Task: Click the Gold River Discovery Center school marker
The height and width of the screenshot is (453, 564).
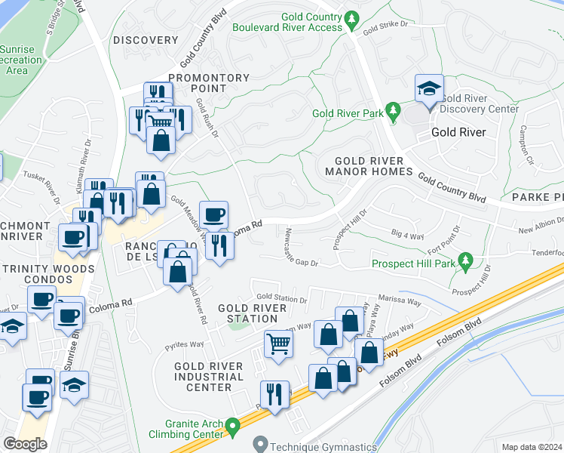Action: point(429,89)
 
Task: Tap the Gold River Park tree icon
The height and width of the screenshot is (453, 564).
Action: point(393,112)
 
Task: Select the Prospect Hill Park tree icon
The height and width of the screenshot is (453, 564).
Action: point(465,263)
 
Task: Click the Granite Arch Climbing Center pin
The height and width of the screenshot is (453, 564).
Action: point(234,427)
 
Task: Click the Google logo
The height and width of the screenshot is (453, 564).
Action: point(25,443)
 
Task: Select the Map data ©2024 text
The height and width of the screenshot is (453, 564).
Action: point(531,447)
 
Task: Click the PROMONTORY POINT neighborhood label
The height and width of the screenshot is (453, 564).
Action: point(209,83)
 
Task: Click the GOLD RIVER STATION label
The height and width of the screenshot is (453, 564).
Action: point(252,313)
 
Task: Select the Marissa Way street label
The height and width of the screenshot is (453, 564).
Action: point(399,300)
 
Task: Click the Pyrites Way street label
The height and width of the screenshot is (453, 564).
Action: point(185,344)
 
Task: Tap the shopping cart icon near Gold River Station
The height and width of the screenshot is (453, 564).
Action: point(278,345)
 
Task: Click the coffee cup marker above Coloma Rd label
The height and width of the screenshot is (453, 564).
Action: point(213,214)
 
